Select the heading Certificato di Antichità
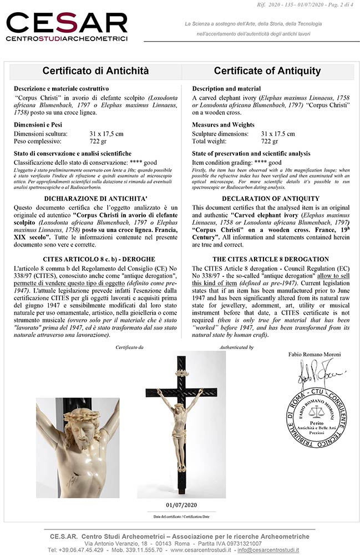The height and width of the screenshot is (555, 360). click(95, 71)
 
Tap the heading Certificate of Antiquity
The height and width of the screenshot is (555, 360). click(267, 71)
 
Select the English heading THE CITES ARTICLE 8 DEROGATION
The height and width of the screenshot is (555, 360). click(270, 259)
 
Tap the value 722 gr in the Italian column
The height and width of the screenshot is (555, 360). click(98, 142)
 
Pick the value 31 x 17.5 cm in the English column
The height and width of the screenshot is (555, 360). click(278, 134)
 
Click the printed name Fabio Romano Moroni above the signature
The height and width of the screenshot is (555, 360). click(315, 354)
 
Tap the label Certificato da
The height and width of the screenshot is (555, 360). click(129, 347)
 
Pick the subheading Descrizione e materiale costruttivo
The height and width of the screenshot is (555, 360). click(61, 89)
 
